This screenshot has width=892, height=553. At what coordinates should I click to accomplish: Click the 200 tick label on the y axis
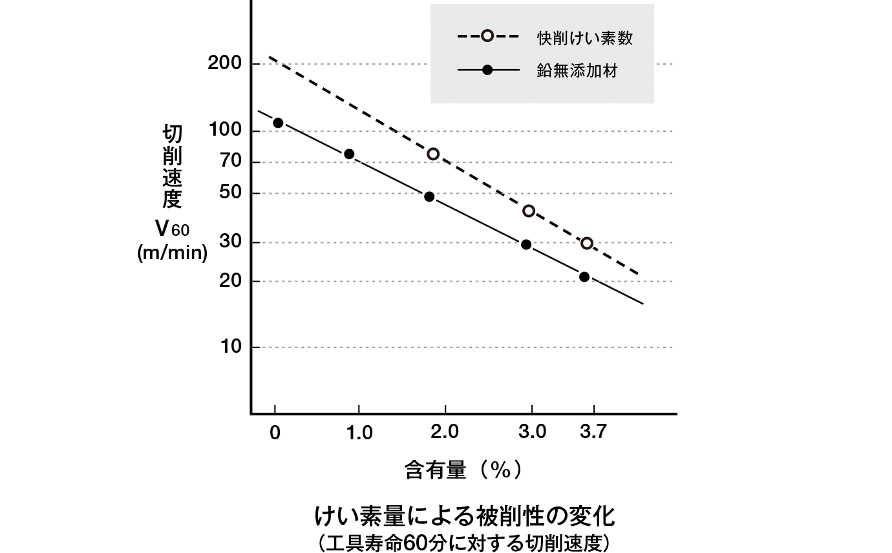[226, 64]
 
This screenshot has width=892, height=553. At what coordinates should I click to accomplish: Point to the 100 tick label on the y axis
[226, 131]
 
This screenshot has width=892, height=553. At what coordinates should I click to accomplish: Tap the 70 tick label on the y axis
[231, 162]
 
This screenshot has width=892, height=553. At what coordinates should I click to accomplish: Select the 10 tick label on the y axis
[231, 347]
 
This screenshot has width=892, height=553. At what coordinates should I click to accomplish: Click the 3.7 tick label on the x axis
[593, 432]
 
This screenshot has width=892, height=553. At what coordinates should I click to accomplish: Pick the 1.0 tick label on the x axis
[359, 432]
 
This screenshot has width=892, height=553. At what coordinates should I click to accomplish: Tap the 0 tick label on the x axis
[275, 432]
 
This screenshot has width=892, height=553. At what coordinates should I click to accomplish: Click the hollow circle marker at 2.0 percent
[433, 154]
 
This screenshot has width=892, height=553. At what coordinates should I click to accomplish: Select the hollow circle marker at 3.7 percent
[587, 244]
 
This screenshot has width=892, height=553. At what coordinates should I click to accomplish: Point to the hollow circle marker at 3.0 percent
[529, 211]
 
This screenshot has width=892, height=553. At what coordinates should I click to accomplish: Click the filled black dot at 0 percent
[278, 123]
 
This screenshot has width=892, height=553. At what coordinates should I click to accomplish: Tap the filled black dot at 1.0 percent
[349, 154]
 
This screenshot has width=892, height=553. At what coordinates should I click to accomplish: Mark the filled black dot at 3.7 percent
[584, 276]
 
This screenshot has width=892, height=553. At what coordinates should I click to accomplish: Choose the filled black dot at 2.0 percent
[429, 196]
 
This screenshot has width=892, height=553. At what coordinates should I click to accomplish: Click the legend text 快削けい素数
[584, 37]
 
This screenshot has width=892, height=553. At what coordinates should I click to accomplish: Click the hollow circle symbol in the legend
[488, 36]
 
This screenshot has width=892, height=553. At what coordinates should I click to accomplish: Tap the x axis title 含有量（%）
[463, 470]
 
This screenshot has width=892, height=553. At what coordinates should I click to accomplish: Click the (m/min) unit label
[173, 253]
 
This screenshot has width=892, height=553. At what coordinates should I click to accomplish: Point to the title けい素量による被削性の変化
[464, 516]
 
